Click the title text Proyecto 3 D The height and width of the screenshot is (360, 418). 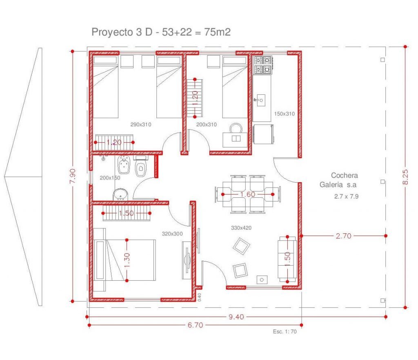pyautogui.click(x=122, y=32)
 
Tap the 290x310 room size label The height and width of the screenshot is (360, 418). pyautogui.click(x=141, y=124)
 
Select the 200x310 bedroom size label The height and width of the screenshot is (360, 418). pyautogui.click(x=206, y=124)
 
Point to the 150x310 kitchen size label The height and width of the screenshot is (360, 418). pyautogui.click(x=285, y=114)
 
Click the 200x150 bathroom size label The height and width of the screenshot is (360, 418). pyautogui.click(x=110, y=178)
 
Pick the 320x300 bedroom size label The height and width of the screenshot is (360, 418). pyautogui.click(x=172, y=234)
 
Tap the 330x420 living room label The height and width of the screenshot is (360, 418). pyautogui.click(x=241, y=228)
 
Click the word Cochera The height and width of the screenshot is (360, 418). pyautogui.click(x=345, y=175)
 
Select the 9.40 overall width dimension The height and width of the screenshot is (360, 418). pyautogui.click(x=236, y=317)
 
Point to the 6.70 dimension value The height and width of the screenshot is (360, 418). pyautogui.click(x=196, y=325)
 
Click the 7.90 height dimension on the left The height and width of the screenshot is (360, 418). pyautogui.click(x=73, y=176)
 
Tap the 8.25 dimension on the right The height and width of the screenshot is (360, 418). pyautogui.click(x=405, y=177)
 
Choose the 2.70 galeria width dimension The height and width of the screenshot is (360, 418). pyautogui.click(x=343, y=236)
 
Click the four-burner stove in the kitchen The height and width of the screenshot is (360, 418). pyautogui.click(x=262, y=65)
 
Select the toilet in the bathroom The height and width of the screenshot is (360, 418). pyautogui.click(x=141, y=166)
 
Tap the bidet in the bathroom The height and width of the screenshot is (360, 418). pyautogui.click(x=124, y=165)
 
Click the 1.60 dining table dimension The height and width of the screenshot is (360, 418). pyautogui.click(x=248, y=194)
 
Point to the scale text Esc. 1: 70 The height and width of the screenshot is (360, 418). pyautogui.click(x=285, y=331)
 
